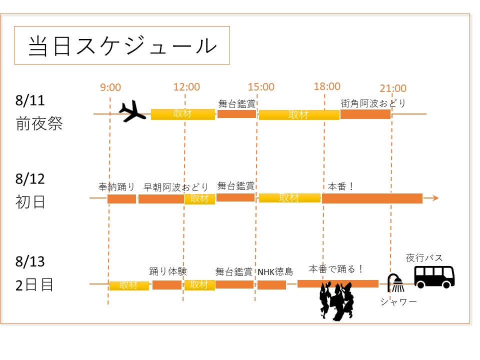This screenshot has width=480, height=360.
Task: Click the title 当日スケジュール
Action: pyautogui.click(x=122, y=45)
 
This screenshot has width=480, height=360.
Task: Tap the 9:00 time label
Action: pyautogui.click(x=110, y=87)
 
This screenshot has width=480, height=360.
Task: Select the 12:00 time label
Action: pyautogui.click(x=186, y=87)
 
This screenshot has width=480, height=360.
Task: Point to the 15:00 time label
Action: pyautogui.click(x=261, y=87)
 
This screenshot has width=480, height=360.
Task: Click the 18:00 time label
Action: pyautogui.click(x=327, y=86)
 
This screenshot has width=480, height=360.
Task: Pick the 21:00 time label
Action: pyautogui.click(x=393, y=88)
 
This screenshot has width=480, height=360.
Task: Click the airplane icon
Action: pyautogui.click(x=132, y=110)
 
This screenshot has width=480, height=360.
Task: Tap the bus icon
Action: pyautogui.click(x=434, y=276)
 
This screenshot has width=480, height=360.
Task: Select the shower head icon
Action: pyautogui.click(x=396, y=283)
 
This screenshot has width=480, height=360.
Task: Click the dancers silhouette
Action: pyautogui.click(x=337, y=300)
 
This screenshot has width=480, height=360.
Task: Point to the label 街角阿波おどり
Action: pyautogui.click(x=373, y=103)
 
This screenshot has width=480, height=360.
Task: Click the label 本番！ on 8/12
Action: pyautogui.click(x=341, y=186)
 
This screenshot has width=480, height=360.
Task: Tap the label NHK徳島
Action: pyautogui.click(x=275, y=272)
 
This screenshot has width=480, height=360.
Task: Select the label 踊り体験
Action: pyautogui.click(x=168, y=271)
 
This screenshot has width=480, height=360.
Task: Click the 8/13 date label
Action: pyautogui.click(x=30, y=261)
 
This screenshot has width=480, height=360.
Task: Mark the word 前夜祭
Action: pyautogui.click(x=39, y=123)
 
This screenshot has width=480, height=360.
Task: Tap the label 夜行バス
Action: pyautogui.click(x=424, y=258)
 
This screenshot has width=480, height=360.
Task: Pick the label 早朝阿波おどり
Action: pyautogui.click(x=176, y=187)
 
